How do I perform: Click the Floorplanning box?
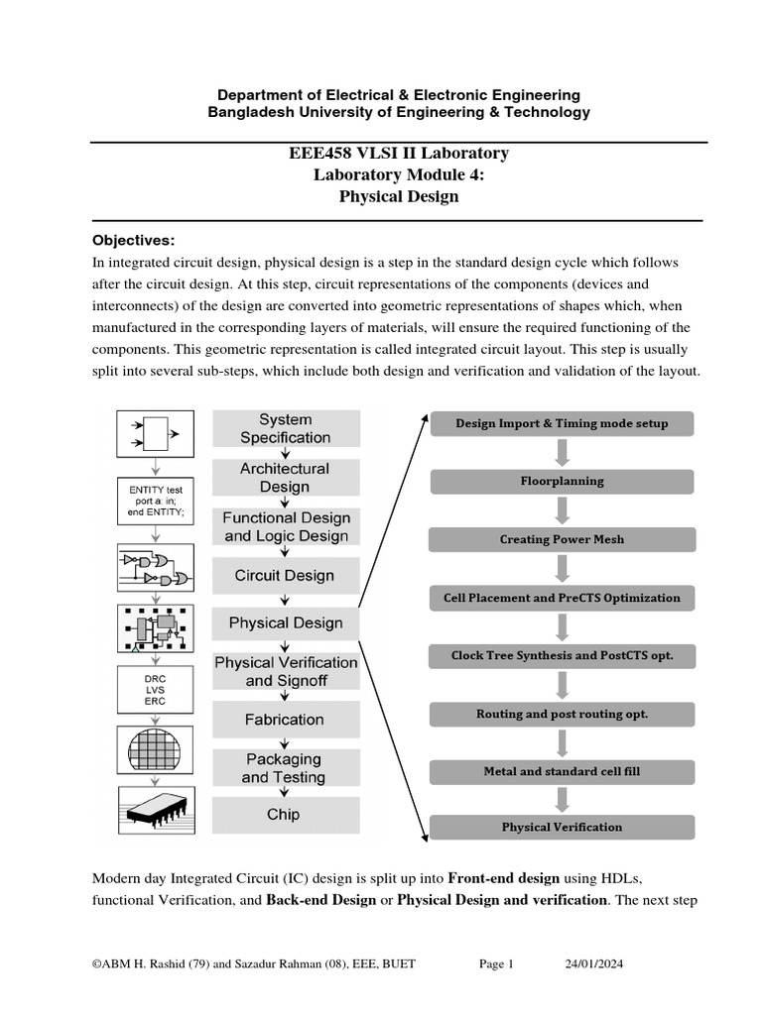click(562, 482)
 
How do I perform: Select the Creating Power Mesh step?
click(562, 540)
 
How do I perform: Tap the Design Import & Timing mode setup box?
click(562, 423)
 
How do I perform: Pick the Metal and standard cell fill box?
click(562, 771)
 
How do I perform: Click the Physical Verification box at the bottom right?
click(562, 827)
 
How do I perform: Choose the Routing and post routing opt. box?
click(562, 714)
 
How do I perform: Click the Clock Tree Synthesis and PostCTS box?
click(562, 655)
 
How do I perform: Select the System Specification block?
click(286, 428)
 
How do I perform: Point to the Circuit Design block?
click(285, 575)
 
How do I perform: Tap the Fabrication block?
click(285, 720)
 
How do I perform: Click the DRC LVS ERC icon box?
click(155, 689)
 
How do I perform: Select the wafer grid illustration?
click(155, 749)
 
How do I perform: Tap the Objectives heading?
click(133, 240)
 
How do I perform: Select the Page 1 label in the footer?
click(496, 963)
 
